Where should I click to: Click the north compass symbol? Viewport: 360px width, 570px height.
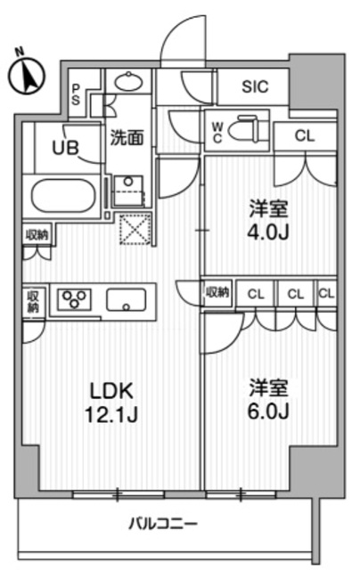28,75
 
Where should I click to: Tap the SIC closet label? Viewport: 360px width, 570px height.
254,87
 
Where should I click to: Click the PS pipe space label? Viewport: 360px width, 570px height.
78,93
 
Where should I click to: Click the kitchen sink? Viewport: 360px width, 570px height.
128,300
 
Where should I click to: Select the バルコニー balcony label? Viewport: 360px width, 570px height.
165,523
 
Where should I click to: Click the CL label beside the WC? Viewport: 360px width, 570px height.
303,137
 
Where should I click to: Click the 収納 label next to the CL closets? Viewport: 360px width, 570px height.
217,292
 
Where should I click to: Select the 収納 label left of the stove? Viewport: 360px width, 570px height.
33,301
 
